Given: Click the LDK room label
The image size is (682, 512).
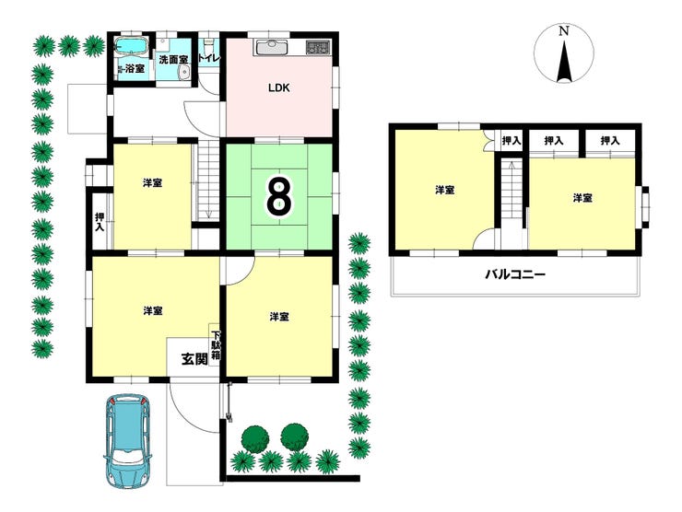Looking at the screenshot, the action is pyautogui.click(x=278, y=87).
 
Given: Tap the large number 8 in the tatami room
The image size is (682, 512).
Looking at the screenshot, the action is pyautogui.click(x=279, y=196).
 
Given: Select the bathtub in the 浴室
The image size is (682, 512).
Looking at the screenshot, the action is pyautogui.click(x=132, y=47).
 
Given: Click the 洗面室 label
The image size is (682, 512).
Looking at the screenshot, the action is pyautogui.click(x=173, y=60).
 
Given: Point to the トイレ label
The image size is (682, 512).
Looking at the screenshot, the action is pyautogui.click(x=209, y=58).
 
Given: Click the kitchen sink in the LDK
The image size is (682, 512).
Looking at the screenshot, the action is pyautogui.click(x=272, y=47).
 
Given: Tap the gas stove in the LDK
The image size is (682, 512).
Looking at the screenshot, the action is pyautogui.click(x=318, y=47).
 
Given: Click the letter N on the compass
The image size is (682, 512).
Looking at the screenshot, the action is pyautogui.click(x=564, y=31).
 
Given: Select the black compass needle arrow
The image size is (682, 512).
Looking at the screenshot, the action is pyautogui.click(x=564, y=62).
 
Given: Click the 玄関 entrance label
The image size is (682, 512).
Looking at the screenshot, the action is pyautogui.click(x=194, y=359).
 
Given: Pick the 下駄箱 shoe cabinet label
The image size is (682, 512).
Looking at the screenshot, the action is pyautogui.click(x=216, y=345).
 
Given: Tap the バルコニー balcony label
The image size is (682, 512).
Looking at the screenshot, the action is pyautogui.click(x=514, y=274).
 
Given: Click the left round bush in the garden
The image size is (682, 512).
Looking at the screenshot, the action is pyautogui.click(x=255, y=440).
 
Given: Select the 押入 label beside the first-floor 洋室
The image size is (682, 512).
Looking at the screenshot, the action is pyautogui.click(x=100, y=222).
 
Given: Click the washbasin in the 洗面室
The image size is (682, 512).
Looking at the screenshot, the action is pyautogui.click(x=185, y=74).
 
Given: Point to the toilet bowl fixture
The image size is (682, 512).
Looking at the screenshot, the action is pyautogui.click(x=209, y=44).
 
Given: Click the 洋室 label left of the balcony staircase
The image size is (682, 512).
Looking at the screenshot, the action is pyautogui.click(x=445, y=190).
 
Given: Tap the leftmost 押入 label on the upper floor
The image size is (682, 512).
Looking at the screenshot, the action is pyautogui.click(x=511, y=141).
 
